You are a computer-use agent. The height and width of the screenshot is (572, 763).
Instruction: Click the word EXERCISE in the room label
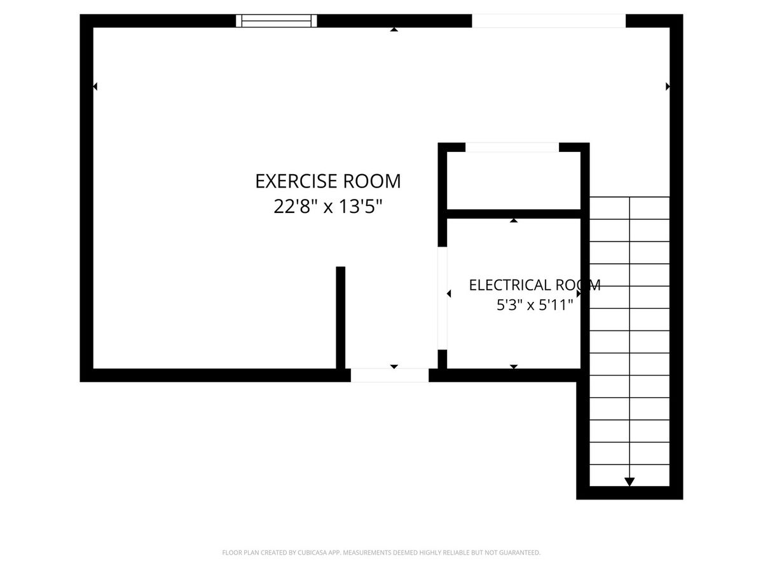click(x=296, y=181)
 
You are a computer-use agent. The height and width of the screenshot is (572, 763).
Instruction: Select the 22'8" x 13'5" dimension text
click(x=328, y=207)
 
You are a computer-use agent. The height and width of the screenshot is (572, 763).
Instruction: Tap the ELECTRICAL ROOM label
click(x=535, y=285)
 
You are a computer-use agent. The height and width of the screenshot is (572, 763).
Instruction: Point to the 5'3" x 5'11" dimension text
click(x=535, y=305)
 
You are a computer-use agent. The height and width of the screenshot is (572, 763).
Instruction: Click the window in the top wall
click(x=277, y=21)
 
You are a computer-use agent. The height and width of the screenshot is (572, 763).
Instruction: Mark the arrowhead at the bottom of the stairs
click(x=629, y=482)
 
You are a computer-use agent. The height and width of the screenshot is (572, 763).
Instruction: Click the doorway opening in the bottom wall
click(x=390, y=375)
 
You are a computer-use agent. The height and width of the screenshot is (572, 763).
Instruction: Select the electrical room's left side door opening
click(x=442, y=298)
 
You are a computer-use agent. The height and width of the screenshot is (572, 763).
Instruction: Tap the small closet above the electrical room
click(x=513, y=180)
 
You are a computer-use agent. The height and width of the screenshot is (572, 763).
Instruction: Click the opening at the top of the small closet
click(x=512, y=147)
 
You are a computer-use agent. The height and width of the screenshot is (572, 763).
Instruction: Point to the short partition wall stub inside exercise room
click(x=341, y=317)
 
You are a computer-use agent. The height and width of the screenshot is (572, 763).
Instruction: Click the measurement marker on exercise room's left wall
click(x=95, y=86)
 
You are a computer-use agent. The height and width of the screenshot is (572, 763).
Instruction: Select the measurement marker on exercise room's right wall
click(x=668, y=86)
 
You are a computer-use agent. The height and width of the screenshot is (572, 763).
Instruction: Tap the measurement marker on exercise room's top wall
click(x=394, y=29)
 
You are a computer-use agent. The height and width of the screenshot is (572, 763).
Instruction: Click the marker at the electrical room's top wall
click(x=514, y=221)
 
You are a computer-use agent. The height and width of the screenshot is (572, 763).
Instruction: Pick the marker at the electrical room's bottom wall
click(x=514, y=367)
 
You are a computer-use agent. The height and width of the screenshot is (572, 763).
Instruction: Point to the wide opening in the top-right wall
click(x=549, y=21)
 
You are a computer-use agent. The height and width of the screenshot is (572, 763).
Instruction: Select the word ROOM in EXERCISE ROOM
click(x=372, y=181)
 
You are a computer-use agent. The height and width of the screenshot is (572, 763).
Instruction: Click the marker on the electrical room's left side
click(x=449, y=294)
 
